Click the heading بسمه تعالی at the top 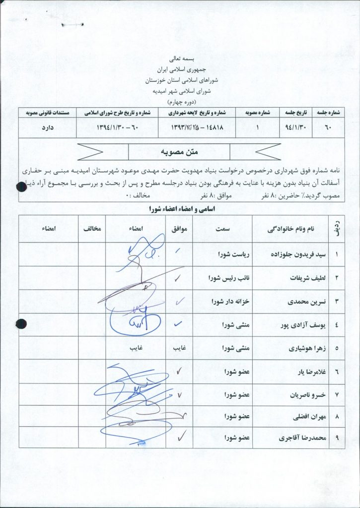[180, 59]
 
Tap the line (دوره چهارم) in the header [180, 101]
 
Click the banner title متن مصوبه [179, 151]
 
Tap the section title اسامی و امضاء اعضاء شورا [179, 210]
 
